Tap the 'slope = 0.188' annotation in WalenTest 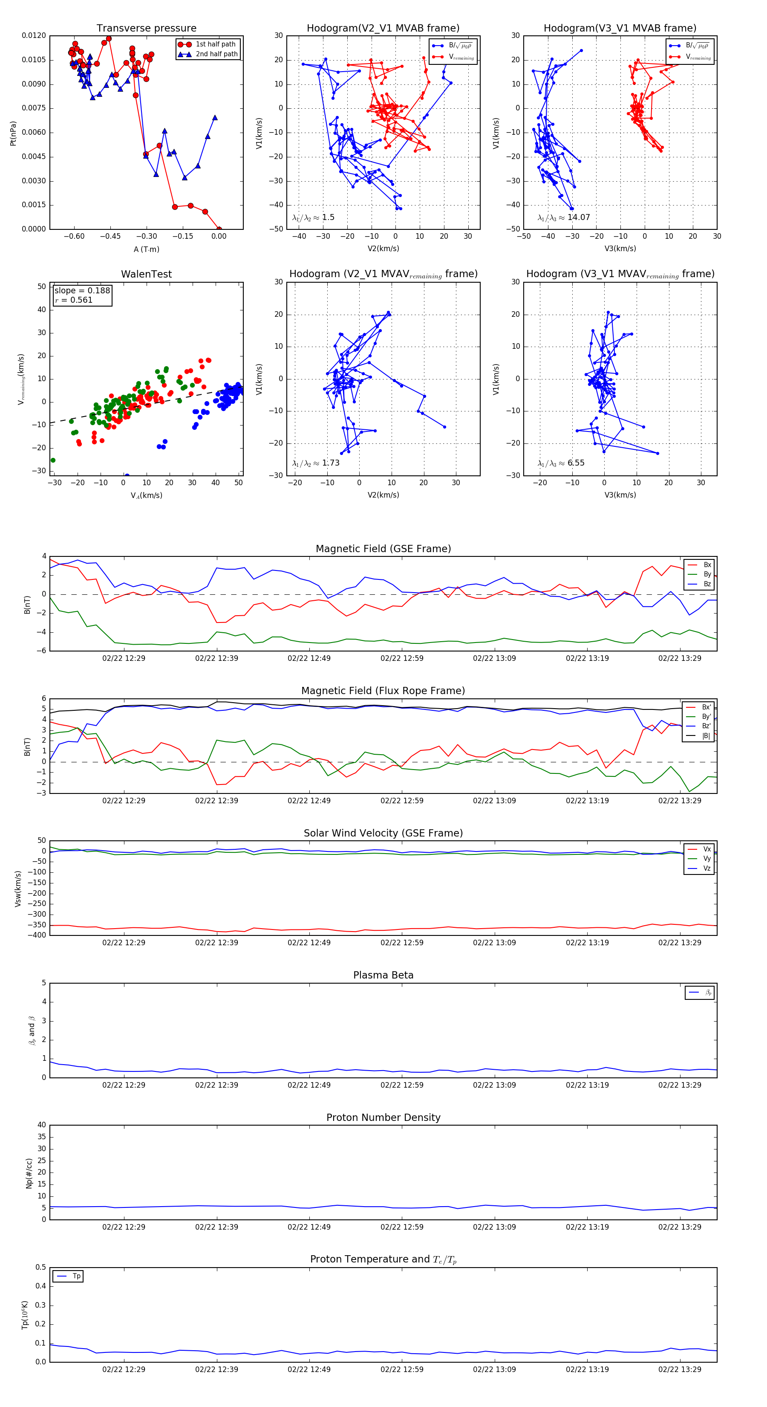[x=82, y=291]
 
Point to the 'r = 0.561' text [x=74, y=300]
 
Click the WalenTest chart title [x=146, y=274]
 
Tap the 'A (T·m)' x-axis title [x=146, y=249]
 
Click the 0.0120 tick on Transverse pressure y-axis [x=34, y=35]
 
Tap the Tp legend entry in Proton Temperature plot [x=76, y=1276]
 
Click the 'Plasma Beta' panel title [x=383, y=975]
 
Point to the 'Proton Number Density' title [x=383, y=1117]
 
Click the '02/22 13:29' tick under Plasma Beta [x=680, y=1085]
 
